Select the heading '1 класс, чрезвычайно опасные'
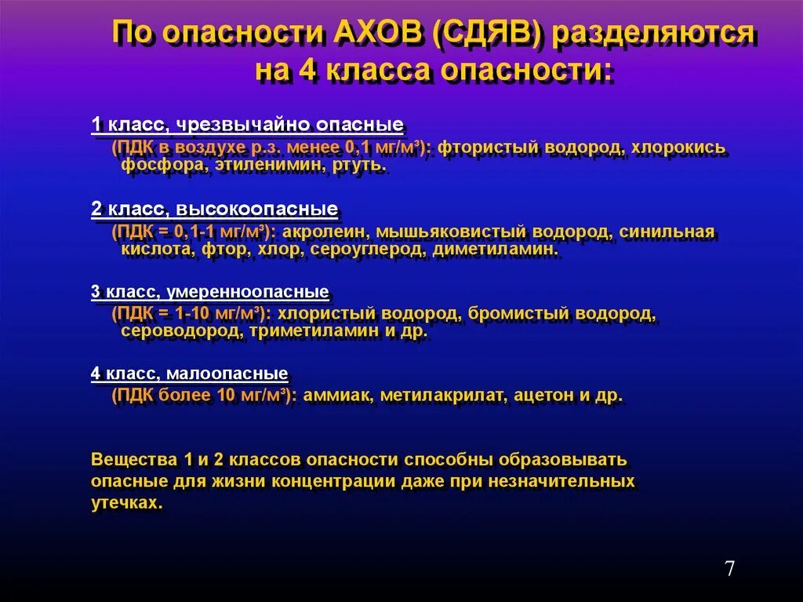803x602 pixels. [x=247, y=125]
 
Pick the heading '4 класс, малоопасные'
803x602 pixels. [x=189, y=374]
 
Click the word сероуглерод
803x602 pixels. [x=366, y=250]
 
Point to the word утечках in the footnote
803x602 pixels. [x=126, y=503]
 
